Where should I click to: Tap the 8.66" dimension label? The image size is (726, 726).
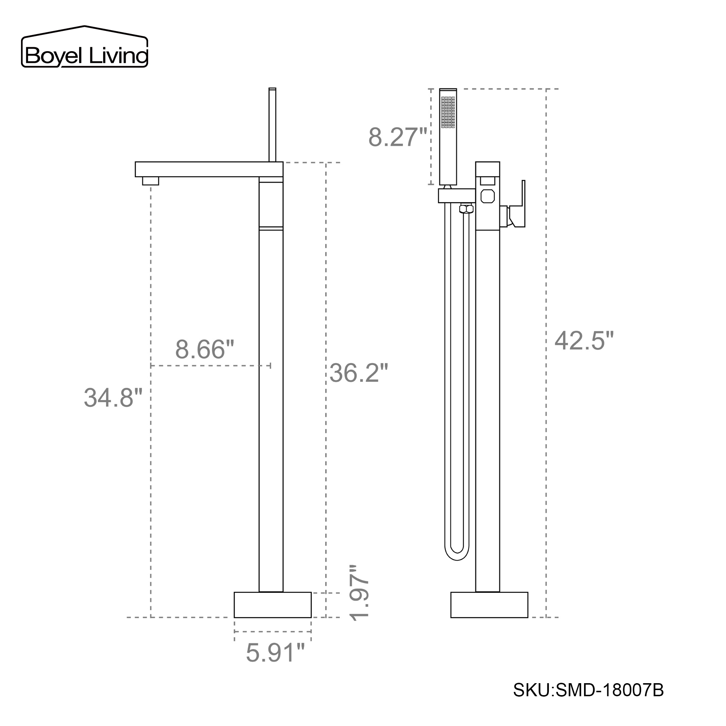point(204,350)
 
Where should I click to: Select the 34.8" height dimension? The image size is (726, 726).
point(113,397)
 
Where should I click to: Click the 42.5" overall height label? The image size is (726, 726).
point(584,341)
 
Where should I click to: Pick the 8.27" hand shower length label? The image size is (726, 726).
point(397,137)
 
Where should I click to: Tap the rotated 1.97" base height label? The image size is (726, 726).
point(359,598)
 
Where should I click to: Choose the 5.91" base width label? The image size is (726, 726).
point(275,652)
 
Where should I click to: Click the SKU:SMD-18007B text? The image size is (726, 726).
point(588,690)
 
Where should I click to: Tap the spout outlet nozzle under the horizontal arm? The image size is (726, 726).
point(150,181)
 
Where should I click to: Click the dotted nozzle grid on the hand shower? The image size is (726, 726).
point(448,112)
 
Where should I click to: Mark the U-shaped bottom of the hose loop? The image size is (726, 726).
point(457,556)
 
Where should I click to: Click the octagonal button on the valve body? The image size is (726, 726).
point(488,196)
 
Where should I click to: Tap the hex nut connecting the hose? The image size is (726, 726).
point(466,209)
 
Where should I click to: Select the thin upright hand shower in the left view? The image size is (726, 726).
point(273,124)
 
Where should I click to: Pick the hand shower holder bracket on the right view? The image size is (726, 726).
point(456,196)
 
